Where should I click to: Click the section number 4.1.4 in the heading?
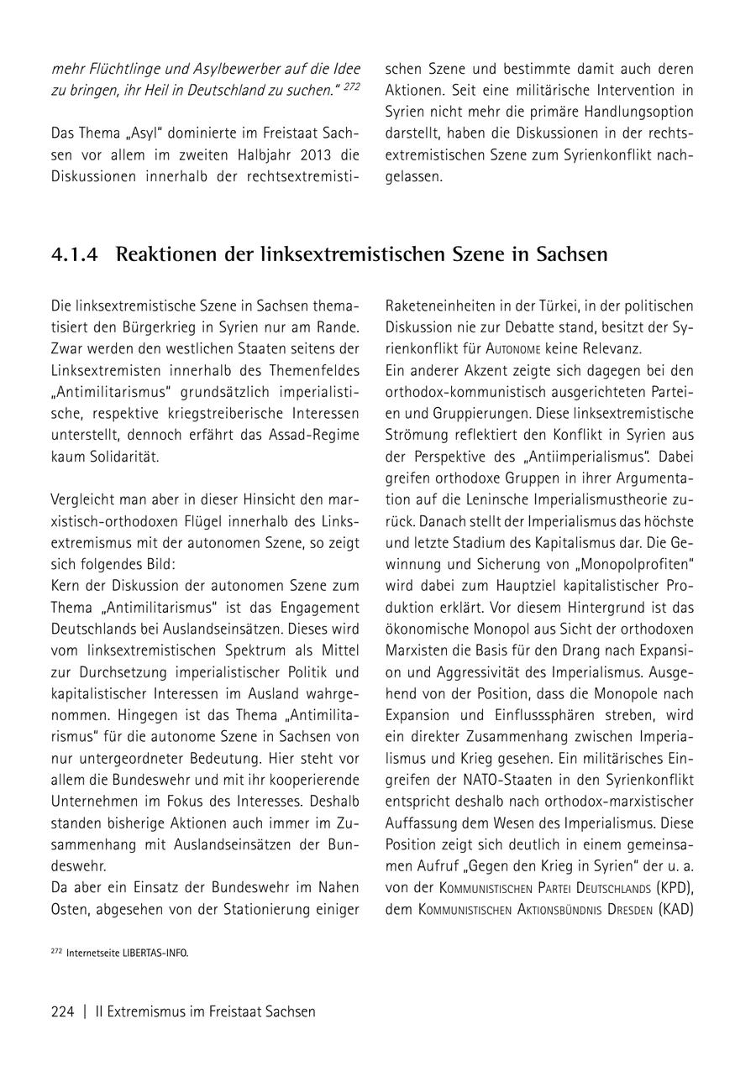(x=74, y=254)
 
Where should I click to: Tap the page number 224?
(x=63, y=1011)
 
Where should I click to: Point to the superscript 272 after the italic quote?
(x=350, y=86)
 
